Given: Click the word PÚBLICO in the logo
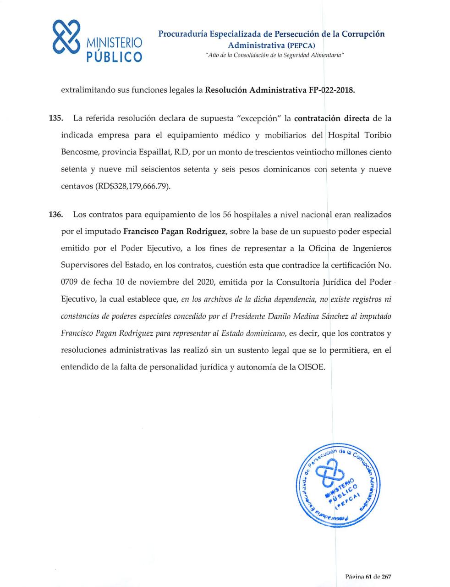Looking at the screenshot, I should (x=115, y=56).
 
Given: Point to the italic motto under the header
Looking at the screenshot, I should (x=271, y=55).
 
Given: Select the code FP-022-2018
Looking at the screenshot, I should (x=327, y=90).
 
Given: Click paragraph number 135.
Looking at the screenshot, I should (x=55, y=118).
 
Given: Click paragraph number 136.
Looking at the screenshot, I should (x=55, y=215).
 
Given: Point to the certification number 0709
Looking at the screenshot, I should (x=69, y=282).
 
